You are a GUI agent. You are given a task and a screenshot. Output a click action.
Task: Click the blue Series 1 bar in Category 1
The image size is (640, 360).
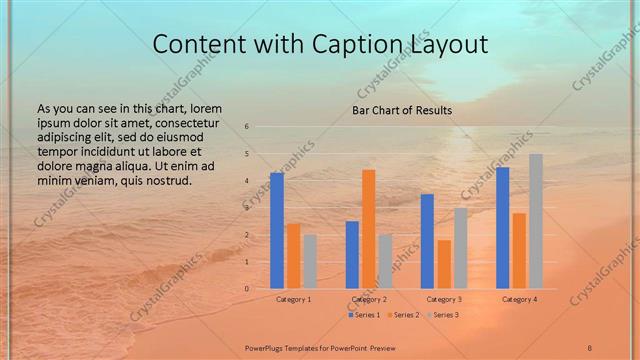(277, 231)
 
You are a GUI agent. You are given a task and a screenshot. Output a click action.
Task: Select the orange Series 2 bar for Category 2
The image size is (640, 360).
(369, 229)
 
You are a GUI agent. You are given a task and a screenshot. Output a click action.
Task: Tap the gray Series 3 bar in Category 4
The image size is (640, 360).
(536, 221)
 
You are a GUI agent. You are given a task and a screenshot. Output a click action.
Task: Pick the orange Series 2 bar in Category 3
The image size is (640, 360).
(444, 264)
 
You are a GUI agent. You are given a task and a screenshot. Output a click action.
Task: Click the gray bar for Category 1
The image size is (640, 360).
(310, 262)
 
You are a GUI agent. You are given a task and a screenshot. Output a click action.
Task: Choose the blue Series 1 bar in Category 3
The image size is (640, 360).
(427, 241)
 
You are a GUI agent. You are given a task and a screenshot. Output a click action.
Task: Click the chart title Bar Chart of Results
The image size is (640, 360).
(402, 110)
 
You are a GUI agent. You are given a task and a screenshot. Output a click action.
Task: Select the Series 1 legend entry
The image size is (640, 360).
(364, 315)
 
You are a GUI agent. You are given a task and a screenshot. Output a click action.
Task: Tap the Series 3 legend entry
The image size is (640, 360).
(443, 315)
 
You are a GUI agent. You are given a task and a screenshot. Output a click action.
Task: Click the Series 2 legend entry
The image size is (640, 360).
(404, 315)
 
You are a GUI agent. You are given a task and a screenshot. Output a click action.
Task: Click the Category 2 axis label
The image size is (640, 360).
(369, 299)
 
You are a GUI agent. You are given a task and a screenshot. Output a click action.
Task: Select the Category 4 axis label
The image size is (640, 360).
(519, 299)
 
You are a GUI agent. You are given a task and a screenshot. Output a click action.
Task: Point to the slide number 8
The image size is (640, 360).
(589, 346)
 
